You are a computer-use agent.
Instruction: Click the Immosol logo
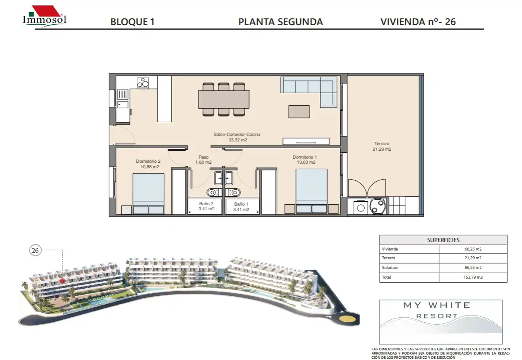pyautogui.click(x=44, y=16)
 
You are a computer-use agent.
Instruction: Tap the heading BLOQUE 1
pyautogui.click(x=132, y=22)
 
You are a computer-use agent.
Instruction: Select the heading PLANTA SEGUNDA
pyautogui.click(x=281, y=22)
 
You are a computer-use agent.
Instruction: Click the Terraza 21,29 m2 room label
pyautogui.click(x=382, y=146)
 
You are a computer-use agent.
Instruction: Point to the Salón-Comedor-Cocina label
pyautogui.click(x=237, y=134)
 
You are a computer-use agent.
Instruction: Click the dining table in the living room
pyautogui.click(x=224, y=99)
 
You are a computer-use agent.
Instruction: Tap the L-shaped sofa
pyautogui.click(x=309, y=92)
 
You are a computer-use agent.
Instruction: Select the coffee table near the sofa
pyautogui.click(x=299, y=112)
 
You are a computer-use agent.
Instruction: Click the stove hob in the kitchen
pyautogui.click(x=143, y=83)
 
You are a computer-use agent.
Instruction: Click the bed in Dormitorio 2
pyautogui.click(x=148, y=193)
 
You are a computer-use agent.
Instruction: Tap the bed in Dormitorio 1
pyautogui.click(x=311, y=191)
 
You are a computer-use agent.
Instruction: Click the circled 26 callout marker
pyautogui.click(x=35, y=250)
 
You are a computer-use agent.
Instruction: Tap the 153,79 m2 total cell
pyautogui.click(x=473, y=277)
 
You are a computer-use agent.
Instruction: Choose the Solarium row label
pyautogui.click(x=390, y=268)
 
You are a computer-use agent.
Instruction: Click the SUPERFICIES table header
pyautogui.click(x=443, y=240)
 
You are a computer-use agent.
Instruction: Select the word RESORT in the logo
pyautogui.click(x=437, y=316)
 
